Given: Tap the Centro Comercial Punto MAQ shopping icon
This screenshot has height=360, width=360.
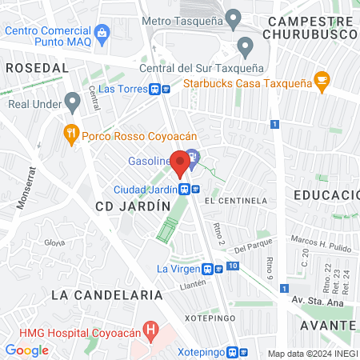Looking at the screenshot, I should coord(102,32).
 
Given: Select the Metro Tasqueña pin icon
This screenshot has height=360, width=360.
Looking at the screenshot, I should coord(234,17).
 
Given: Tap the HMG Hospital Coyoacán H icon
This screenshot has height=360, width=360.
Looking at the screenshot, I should coord(150,329).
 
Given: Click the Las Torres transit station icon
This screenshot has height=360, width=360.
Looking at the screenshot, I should coord(164,90).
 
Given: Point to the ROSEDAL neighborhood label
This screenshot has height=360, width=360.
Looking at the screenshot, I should coord(37,69).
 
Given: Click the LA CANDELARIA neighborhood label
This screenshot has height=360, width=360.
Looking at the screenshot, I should coord(101,294).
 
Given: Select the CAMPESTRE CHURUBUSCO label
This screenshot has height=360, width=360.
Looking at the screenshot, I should coord(310,28).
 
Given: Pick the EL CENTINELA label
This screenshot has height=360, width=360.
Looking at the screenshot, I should coord(235,200).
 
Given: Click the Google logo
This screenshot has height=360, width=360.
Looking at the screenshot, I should coord(26,350).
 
